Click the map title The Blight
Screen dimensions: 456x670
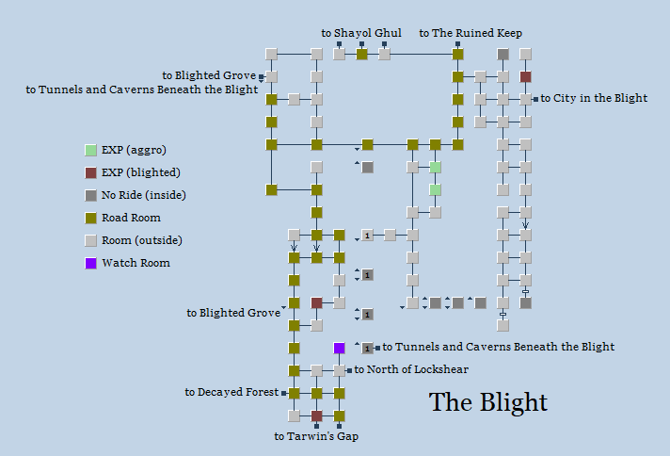tap(487, 402)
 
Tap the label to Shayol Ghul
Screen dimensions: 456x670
tap(361, 33)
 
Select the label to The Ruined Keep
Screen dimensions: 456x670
tap(471, 33)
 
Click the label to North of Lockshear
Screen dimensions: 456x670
tap(411, 369)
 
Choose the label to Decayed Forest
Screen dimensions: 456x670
tap(231, 392)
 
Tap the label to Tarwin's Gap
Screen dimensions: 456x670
tap(316, 436)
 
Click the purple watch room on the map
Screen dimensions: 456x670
tap(340, 348)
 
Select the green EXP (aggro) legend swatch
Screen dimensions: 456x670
tap(90, 150)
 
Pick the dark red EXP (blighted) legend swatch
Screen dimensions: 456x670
tap(90, 172)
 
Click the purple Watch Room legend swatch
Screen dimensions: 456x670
tap(90, 263)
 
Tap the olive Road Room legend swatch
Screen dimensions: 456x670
tap(90, 218)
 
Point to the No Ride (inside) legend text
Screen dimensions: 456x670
tap(143, 195)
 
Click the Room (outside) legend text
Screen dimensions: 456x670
tap(142, 240)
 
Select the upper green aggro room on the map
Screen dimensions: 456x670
tap(436, 167)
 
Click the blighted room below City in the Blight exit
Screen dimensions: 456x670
tap(526, 76)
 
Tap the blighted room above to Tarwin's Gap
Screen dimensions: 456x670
tap(317, 415)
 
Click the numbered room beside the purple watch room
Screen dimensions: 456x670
tap(367, 348)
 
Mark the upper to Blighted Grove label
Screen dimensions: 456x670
tap(209, 75)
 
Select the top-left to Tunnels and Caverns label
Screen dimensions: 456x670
tap(142, 90)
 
